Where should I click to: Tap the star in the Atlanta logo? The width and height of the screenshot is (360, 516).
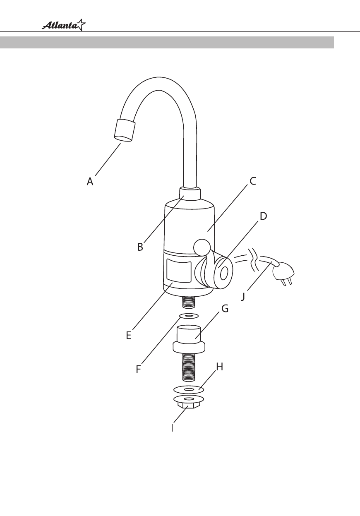coord(81,24)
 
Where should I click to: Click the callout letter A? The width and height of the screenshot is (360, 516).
coord(90,181)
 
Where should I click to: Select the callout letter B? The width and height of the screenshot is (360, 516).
coord(140,247)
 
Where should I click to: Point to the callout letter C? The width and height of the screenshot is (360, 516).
coord(253,181)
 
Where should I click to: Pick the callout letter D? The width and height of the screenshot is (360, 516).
coord(263,216)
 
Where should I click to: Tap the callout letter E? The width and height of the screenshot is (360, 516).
coord(129,335)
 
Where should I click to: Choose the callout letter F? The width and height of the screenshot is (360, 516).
coord(138,369)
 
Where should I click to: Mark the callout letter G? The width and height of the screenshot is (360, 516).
coord(225,308)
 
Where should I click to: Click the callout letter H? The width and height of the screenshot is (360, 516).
coord(220,367)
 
